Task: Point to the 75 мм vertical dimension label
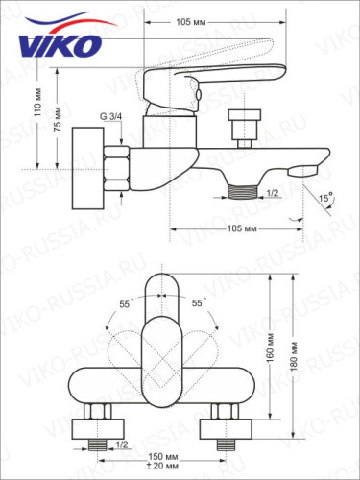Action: click(60, 118)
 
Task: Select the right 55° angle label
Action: click(198, 302)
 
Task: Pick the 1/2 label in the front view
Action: click(121, 444)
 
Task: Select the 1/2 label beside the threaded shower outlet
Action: click(273, 192)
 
